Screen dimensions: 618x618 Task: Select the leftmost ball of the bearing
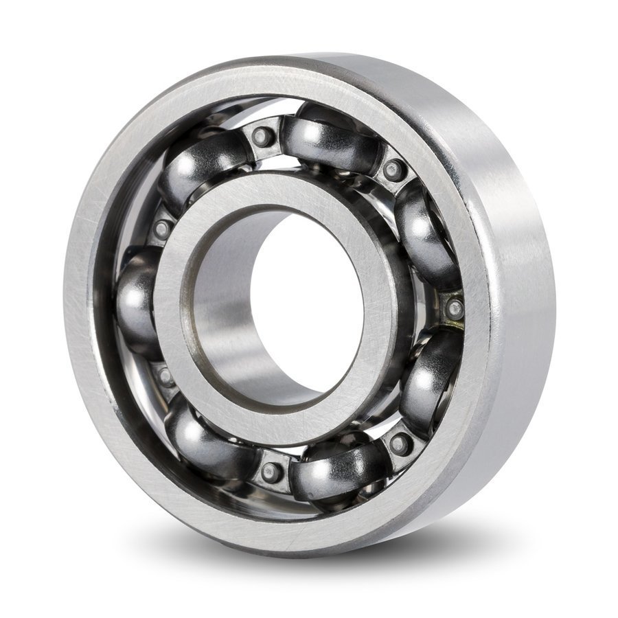(x=137, y=302)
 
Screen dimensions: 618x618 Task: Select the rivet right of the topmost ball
(x=394, y=170)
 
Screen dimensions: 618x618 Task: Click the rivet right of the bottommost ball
(x=400, y=443)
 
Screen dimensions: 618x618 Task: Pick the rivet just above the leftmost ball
(x=162, y=229)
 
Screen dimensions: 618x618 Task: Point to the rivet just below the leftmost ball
(x=165, y=376)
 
